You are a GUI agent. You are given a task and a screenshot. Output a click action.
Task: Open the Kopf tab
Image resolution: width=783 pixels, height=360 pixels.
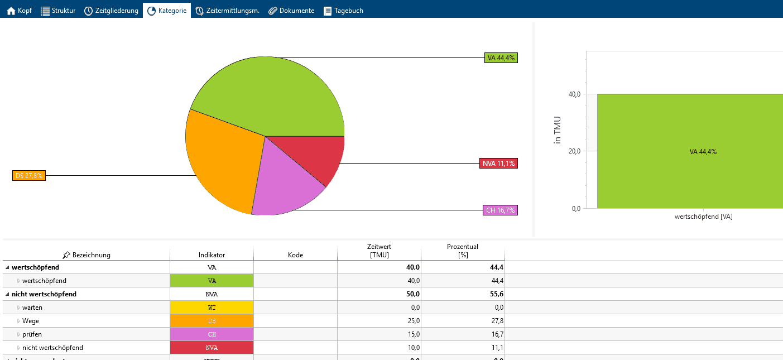click(x=19, y=11)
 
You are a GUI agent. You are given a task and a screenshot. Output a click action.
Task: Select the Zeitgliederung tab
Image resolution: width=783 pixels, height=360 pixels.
click(x=111, y=11)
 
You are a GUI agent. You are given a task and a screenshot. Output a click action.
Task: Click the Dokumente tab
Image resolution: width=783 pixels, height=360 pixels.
click(x=291, y=11)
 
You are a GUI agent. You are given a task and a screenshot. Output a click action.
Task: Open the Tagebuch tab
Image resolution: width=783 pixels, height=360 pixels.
click(x=343, y=11)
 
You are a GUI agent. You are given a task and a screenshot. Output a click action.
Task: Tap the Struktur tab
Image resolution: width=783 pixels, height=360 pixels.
click(x=58, y=11)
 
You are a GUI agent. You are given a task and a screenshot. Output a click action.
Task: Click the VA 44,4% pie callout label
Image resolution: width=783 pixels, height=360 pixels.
click(x=501, y=57)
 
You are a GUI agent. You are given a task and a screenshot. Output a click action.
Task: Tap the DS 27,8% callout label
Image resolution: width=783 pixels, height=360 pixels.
click(x=28, y=175)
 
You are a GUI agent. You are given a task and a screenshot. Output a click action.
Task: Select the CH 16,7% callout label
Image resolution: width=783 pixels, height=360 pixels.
click(x=500, y=210)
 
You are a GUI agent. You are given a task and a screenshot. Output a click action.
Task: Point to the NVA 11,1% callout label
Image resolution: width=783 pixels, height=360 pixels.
click(x=498, y=163)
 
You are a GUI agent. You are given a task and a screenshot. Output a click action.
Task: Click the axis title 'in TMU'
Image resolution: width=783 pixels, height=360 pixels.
click(x=557, y=130)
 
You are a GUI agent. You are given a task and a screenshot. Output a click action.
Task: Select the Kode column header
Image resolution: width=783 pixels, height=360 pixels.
click(x=295, y=255)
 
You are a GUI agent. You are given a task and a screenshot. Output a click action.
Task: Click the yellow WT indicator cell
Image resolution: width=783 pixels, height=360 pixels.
click(x=212, y=308)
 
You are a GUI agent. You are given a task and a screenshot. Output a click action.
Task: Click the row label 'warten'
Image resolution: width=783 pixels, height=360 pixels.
click(x=32, y=308)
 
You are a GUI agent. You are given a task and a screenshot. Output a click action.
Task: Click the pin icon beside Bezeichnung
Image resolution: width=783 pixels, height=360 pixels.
click(x=66, y=255)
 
